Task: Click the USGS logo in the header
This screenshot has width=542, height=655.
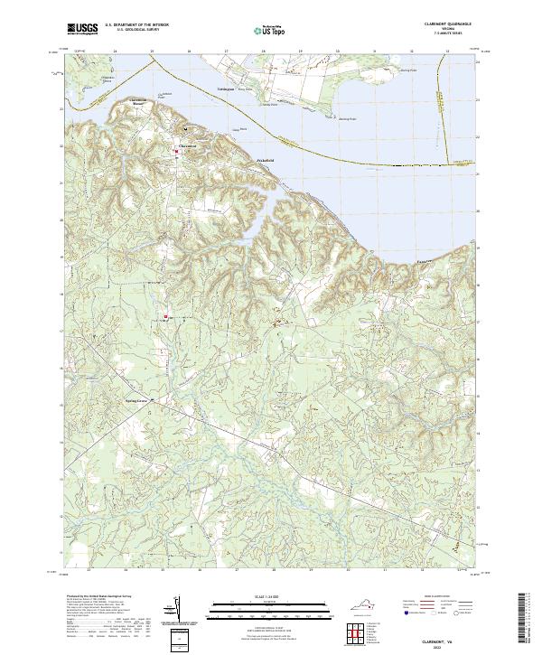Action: pyautogui.click(x=82, y=29)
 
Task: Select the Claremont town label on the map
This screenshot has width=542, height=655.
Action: pyautogui.click(x=187, y=145)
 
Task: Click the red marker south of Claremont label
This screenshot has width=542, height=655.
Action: pyautogui.click(x=177, y=152)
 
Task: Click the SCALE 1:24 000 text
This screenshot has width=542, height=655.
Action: pyautogui.click(x=270, y=594)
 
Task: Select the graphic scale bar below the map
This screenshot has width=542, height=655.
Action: pyautogui.click(x=270, y=604)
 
